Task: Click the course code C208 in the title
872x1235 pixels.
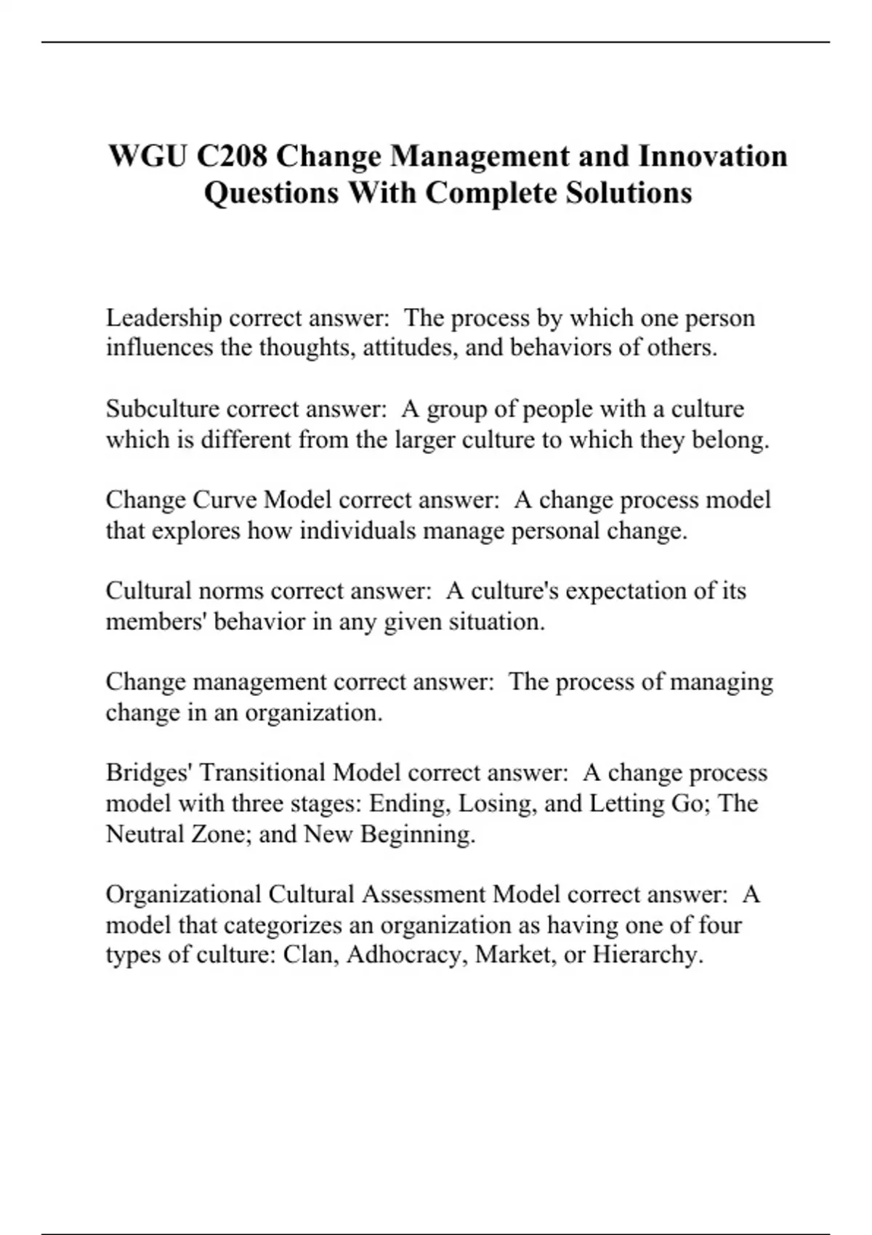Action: pos(230,156)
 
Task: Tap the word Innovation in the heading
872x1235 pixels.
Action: pos(712,156)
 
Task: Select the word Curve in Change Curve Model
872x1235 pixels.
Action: pos(225,500)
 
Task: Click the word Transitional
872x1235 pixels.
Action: pos(262,772)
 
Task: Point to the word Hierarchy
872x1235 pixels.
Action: pos(647,954)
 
